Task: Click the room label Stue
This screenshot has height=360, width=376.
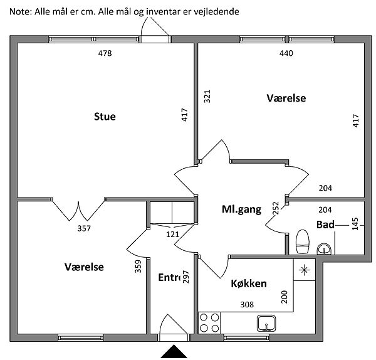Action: click(105, 116)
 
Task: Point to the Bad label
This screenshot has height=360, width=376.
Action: click(325, 225)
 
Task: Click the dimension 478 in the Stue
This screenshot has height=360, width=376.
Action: click(105, 53)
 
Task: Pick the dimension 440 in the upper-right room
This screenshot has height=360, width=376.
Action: click(286, 53)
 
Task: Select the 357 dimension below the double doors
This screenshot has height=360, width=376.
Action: click(84, 228)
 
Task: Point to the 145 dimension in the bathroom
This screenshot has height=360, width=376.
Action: click(355, 225)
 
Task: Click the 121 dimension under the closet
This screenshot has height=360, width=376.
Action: click(172, 234)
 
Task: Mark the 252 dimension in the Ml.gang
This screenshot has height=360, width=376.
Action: click(276, 209)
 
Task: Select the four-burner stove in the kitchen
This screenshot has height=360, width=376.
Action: click(209, 322)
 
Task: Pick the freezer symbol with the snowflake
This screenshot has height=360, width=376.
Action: click(305, 270)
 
